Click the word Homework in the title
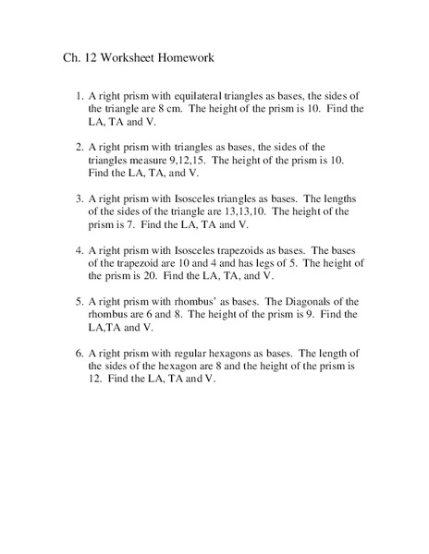point(184,56)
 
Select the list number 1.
point(79,96)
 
